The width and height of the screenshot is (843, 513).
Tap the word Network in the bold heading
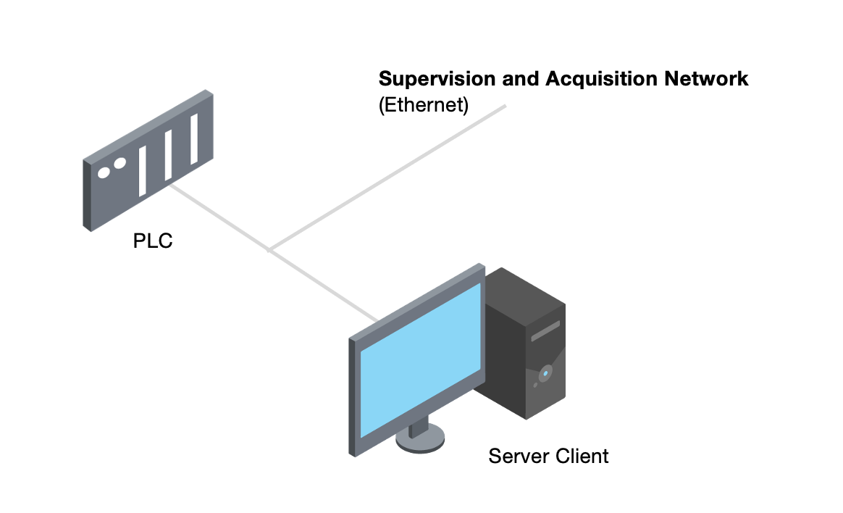pyautogui.click(x=707, y=79)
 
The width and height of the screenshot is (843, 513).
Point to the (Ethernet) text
pyautogui.click(x=424, y=105)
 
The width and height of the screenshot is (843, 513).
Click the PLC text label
pyautogui.click(x=153, y=241)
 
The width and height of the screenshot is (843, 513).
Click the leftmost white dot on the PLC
pyautogui.click(x=104, y=173)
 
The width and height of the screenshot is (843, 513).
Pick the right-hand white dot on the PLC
pyautogui.click(x=119, y=164)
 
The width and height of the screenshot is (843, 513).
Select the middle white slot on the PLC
pyautogui.click(x=168, y=154)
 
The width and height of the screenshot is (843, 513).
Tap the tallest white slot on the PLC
pyautogui.click(x=194, y=138)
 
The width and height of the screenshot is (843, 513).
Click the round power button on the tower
pyautogui.click(x=545, y=374)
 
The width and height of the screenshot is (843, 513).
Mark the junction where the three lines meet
pyautogui.click(x=270, y=250)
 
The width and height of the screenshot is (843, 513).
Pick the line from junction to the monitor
pyautogui.click(x=323, y=285)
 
